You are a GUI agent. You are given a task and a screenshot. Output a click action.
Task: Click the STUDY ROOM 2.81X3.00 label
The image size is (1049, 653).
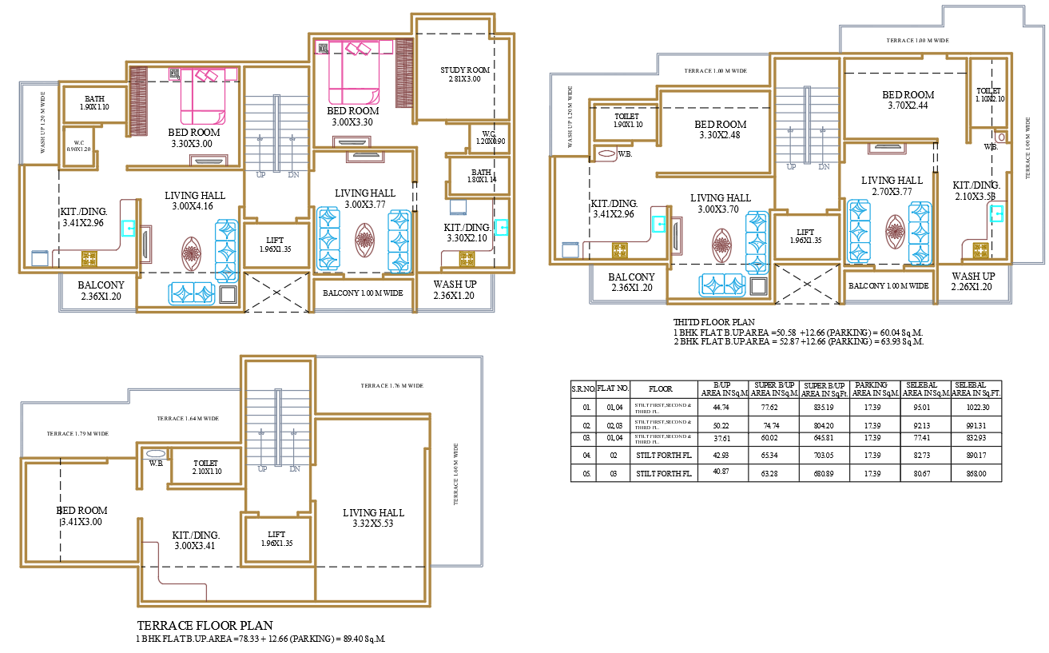464,74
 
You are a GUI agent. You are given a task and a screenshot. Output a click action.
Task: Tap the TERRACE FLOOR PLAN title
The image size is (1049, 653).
205,625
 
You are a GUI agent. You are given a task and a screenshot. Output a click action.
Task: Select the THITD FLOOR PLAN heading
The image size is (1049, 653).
713,322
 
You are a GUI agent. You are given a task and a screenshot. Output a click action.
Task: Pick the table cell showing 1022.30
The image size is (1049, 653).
975,407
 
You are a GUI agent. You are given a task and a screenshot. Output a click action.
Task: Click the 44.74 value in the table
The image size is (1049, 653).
722,407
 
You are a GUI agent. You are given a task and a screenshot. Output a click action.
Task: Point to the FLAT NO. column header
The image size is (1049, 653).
613,388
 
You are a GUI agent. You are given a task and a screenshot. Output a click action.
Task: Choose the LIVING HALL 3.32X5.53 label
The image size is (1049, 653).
373,518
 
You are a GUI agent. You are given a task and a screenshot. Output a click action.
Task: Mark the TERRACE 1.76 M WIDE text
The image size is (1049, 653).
391,385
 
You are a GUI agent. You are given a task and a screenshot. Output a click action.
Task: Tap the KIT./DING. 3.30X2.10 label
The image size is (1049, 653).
468,233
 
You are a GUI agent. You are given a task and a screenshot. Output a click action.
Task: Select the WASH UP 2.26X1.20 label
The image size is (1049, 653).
972,281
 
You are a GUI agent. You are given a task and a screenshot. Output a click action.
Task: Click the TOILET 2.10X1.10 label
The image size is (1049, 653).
205,468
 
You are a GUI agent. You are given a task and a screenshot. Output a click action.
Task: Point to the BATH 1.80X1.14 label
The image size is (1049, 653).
481,176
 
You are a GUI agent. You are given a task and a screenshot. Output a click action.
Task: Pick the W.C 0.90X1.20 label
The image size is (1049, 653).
79,146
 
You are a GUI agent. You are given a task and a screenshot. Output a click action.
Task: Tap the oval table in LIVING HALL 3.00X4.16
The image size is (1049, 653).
191,253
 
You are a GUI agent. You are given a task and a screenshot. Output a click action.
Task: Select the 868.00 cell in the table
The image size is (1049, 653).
975,474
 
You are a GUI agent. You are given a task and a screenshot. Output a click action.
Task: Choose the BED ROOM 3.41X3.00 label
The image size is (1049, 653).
82,516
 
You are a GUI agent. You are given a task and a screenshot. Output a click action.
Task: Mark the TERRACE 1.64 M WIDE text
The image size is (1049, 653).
188,418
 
